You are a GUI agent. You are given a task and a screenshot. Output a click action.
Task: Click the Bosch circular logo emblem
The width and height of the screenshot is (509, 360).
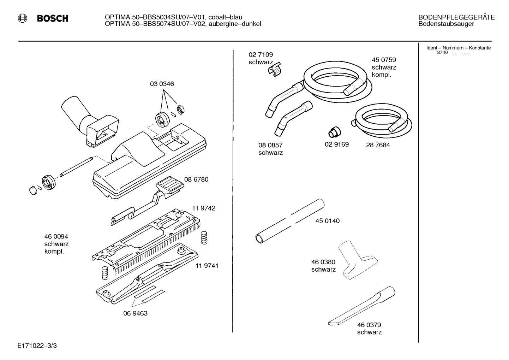(22, 18)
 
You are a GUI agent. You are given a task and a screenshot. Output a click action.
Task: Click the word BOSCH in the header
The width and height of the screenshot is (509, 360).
(53, 18)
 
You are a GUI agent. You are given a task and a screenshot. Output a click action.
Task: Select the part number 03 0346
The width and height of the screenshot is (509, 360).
(162, 84)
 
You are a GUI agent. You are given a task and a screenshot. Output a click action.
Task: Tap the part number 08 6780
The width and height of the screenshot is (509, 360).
(196, 179)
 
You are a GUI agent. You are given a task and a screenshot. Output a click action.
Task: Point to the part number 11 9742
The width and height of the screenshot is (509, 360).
(204, 208)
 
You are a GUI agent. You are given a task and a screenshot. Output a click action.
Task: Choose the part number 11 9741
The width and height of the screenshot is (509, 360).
(207, 266)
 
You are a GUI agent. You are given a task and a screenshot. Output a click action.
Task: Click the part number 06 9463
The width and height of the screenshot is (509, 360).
(136, 313)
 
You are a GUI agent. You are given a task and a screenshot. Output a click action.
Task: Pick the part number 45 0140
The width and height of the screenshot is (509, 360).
(328, 221)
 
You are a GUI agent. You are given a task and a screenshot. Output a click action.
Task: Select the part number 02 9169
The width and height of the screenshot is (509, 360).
(336, 144)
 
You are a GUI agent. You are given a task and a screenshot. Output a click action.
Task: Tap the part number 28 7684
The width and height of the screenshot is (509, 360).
(378, 145)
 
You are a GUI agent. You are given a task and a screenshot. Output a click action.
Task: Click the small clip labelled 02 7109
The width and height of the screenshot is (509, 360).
(275, 69)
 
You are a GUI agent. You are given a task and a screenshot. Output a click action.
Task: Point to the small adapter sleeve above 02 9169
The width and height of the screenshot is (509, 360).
(335, 132)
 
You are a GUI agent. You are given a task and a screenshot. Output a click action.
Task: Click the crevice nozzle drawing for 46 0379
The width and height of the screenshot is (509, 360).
(362, 306)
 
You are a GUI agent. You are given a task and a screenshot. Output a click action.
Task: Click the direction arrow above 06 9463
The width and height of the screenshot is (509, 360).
(148, 296)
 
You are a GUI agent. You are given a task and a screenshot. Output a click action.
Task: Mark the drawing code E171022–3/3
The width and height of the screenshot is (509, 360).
(37, 346)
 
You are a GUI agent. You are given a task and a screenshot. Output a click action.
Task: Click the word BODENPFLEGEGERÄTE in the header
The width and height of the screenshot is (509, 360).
(456, 18)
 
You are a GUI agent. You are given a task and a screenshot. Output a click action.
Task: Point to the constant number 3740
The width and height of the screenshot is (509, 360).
(442, 53)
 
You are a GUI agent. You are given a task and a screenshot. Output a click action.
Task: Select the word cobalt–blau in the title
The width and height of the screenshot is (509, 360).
(225, 17)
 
